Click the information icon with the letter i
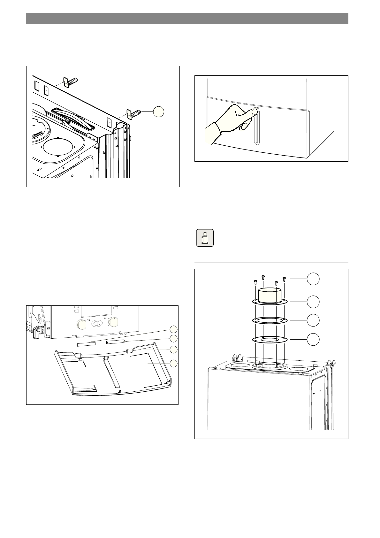tap(205, 238)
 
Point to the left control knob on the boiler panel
tap(82, 324)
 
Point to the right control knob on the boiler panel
tap(113, 322)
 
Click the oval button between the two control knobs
tap(96, 323)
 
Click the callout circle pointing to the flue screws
tap(313, 279)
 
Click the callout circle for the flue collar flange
tap(313, 301)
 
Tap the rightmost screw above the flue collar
tap(284, 280)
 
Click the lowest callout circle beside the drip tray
tap(173, 363)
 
